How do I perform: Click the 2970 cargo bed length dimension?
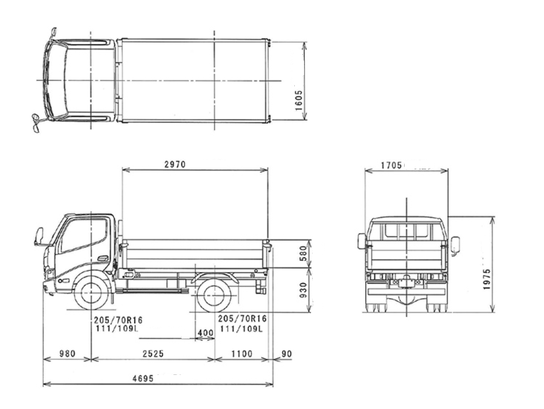click(175, 164)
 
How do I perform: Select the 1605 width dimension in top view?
click(299, 101)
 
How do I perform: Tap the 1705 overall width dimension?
click(391, 165)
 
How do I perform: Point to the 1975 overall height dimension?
click(486, 280)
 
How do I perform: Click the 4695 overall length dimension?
click(143, 378)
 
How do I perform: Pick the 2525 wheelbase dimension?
click(153, 354)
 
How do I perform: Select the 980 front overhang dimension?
click(67, 354)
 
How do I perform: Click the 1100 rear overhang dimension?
click(242, 354)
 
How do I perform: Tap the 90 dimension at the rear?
click(287, 354)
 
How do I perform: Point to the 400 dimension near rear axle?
click(205, 333)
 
